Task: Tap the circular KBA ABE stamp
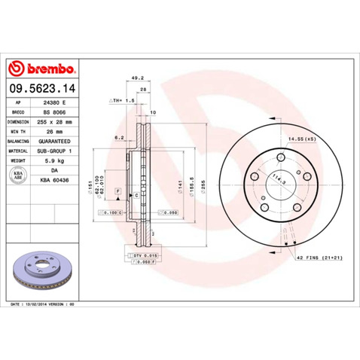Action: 18,175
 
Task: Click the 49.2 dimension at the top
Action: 137,76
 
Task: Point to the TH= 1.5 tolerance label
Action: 123,99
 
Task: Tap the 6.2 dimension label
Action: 119,138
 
